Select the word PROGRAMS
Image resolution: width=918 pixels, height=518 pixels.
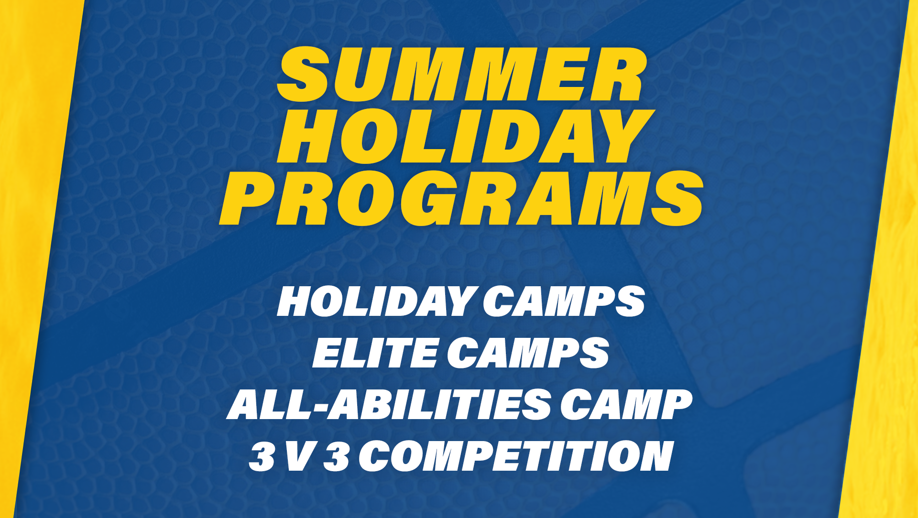(x=461, y=198)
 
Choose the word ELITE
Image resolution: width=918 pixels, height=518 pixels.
(x=375, y=353)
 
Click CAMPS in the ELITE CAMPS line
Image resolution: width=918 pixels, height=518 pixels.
(x=528, y=353)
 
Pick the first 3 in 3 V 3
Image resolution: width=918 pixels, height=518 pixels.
(x=262, y=456)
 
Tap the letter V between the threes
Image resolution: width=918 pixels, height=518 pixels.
(x=299, y=457)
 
